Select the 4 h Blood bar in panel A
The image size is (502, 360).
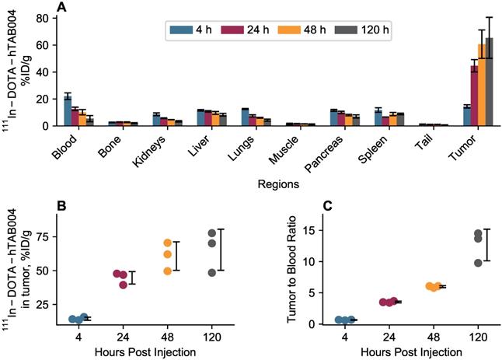click(68, 110)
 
